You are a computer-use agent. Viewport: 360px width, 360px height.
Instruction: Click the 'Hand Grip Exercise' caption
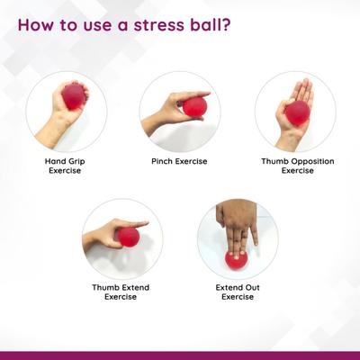[x=65, y=166]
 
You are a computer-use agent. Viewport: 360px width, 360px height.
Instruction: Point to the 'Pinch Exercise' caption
[x=179, y=161]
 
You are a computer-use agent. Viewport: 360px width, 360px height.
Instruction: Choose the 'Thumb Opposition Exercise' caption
[x=296, y=166]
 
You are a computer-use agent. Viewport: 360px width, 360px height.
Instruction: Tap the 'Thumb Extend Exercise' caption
[x=121, y=292]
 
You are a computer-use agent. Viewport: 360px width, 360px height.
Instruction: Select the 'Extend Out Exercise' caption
[x=237, y=292]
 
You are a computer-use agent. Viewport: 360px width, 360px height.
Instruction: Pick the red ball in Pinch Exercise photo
[x=194, y=106]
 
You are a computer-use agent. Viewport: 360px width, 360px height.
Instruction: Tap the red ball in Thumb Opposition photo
[x=297, y=112]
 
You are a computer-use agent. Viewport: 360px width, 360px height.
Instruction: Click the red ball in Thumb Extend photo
[x=128, y=237]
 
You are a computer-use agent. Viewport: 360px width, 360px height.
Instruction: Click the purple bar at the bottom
[x=180, y=355]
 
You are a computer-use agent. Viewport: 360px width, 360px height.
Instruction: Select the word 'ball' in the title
[x=202, y=23]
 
